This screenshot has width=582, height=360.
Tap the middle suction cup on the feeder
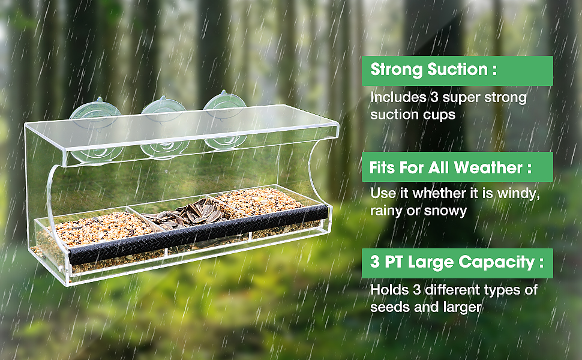tap(163, 114)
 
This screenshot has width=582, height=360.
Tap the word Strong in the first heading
tap(397, 70)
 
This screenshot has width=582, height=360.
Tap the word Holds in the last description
tap(386, 290)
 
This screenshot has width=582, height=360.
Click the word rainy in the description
tap(386, 211)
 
